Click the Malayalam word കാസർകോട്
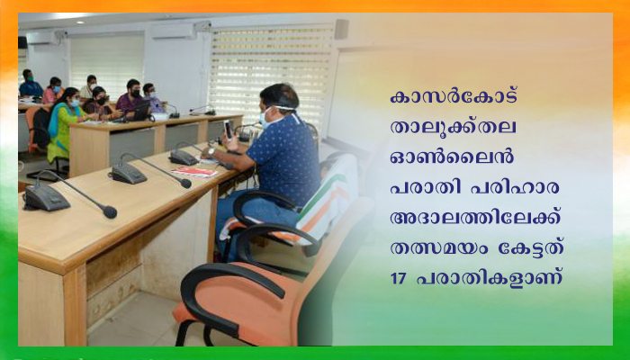454,97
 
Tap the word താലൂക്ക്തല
454,128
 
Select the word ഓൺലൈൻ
452,157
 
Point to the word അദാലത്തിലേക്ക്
475,218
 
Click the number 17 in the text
398,279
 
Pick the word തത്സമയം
439,248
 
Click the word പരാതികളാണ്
489,279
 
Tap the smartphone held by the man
228,130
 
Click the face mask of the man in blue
265,118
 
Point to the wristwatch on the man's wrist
211,152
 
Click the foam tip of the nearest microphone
109,211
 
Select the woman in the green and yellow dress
63,125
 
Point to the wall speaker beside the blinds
341,30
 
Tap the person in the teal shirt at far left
30,85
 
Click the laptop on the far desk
142,112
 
